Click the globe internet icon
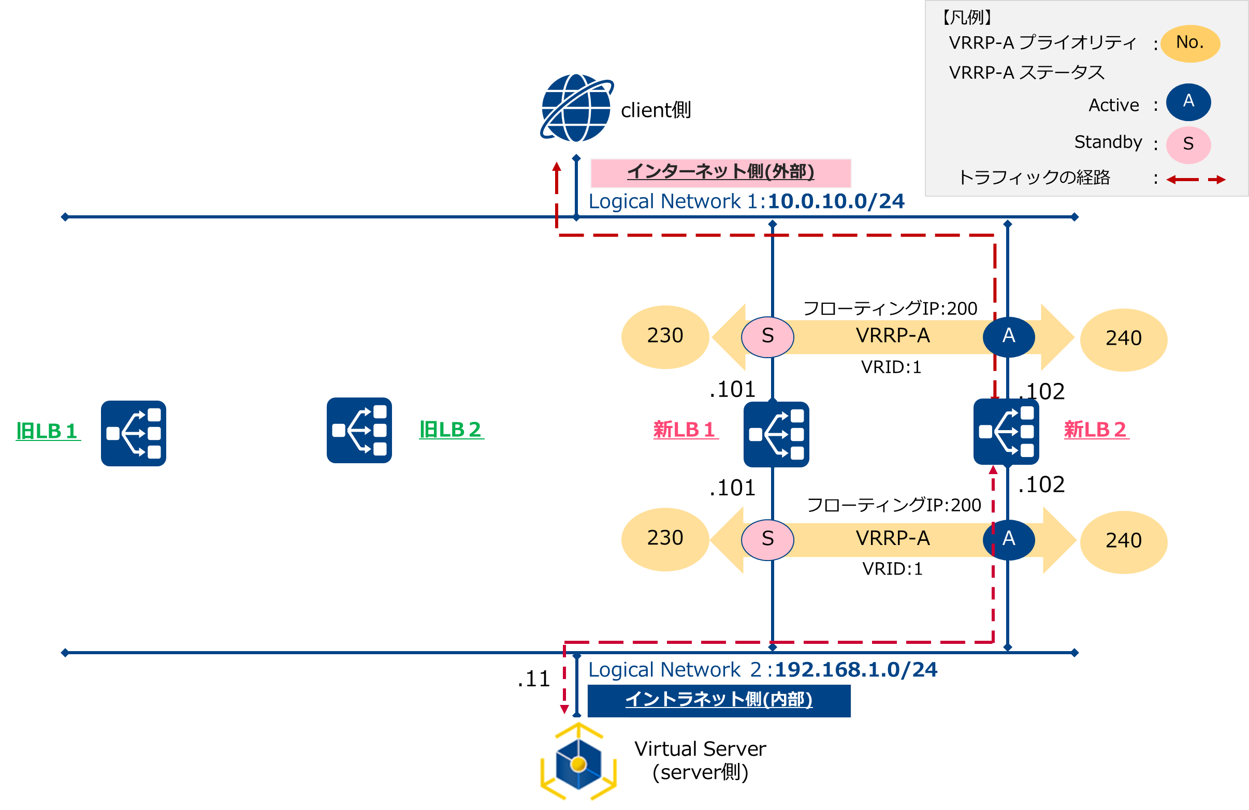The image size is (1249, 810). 577,108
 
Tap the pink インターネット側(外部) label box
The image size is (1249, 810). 720,172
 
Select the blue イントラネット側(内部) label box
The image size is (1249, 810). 719,700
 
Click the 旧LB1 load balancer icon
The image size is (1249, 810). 133,433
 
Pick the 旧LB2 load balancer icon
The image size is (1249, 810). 359,430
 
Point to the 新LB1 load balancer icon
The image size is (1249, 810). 776,434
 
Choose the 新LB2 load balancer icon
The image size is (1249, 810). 1006,432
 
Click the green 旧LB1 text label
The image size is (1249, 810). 48,431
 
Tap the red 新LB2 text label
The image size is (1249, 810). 1096,430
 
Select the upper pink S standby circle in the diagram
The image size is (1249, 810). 767,336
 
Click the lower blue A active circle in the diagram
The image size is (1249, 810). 1009,539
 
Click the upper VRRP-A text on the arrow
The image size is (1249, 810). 893,336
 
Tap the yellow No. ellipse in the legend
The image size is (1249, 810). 1189,43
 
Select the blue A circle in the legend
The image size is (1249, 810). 1188,102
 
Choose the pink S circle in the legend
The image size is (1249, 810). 1188,144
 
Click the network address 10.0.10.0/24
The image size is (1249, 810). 836,201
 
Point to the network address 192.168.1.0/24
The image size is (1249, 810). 856,670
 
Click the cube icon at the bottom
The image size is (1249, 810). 578,763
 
